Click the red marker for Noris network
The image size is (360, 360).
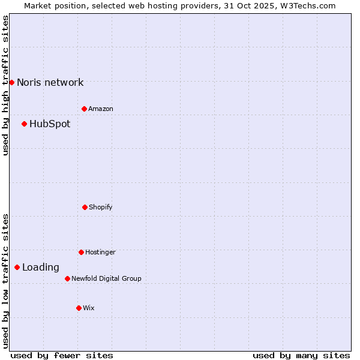(11, 82)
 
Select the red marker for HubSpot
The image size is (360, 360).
(24, 124)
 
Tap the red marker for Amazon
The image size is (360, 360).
(84, 109)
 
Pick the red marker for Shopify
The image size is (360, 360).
(85, 207)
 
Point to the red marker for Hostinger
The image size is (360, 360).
(81, 252)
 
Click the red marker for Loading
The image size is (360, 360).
(17, 267)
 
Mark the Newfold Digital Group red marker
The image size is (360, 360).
(67, 278)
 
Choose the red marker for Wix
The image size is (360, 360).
(79, 308)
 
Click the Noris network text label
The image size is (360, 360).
(50, 83)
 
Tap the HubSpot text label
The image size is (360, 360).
(50, 124)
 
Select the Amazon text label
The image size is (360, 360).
(101, 109)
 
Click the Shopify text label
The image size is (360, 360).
(101, 207)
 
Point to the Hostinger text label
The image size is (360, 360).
(100, 252)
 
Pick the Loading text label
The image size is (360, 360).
(41, 268)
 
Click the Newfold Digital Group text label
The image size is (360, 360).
(106, 278)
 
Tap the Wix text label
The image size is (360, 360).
(89, 308)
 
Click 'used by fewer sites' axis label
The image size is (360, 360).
(62, 355)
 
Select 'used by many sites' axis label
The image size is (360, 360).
(301, 355)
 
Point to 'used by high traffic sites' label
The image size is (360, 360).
(5, 85)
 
